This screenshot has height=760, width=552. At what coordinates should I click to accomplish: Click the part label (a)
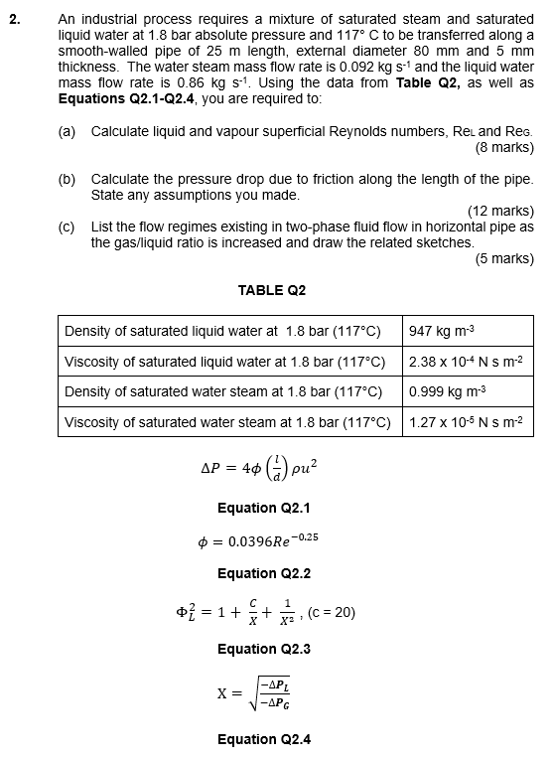(x=67, y=131)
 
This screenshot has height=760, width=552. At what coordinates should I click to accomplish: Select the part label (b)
(x=67, y=179)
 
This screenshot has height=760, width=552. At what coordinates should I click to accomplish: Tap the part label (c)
(x=67, y=227)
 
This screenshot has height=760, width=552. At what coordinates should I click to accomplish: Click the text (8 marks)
(x=505, y=148)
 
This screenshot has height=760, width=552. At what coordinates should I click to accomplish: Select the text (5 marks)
(x=505, y=258)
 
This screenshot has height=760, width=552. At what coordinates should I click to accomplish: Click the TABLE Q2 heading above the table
(x=272, y=290)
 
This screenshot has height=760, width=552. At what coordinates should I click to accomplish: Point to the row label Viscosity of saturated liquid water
(x=225, y=362)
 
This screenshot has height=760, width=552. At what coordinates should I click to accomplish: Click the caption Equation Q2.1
(x=264, y=508)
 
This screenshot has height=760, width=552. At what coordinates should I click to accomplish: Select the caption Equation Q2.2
(x=264, y=573)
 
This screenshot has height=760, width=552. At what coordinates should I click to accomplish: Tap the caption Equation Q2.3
(x=264, y=649)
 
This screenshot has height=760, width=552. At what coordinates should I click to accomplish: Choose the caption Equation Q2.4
(x=264, y=738)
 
